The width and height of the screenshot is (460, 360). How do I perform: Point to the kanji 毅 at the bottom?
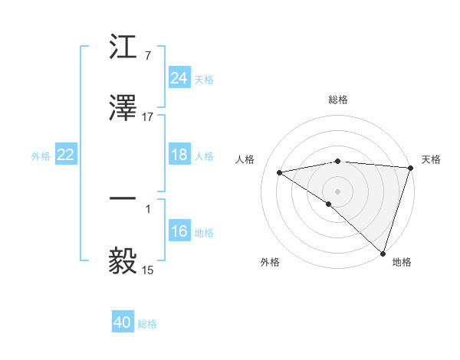coord(123,260)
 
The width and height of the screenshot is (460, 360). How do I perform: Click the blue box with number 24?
coord(179,78)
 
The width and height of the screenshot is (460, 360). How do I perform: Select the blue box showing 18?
coord(179,155)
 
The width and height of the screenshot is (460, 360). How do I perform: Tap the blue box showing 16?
coord(179,231)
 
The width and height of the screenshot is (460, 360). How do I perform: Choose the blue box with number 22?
coord(66,155)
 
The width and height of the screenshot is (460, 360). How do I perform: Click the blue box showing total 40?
coord(123,322)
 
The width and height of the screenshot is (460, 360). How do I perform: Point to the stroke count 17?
coord(148,117)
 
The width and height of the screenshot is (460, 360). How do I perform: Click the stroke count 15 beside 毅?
coord(148,270)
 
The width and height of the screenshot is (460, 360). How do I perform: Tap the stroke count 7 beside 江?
coord(147,56)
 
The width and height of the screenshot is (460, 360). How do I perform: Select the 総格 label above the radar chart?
coord(337,100)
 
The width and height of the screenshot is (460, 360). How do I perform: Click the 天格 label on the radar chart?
coord(431,159)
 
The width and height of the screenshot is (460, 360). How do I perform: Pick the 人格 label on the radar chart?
coord(245,159)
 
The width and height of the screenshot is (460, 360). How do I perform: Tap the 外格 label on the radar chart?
coord(270,263)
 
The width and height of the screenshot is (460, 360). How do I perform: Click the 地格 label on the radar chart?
coord(402,263)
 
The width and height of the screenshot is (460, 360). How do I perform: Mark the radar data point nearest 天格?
coord(411,168)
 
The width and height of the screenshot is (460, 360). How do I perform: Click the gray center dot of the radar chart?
coord(337,191)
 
